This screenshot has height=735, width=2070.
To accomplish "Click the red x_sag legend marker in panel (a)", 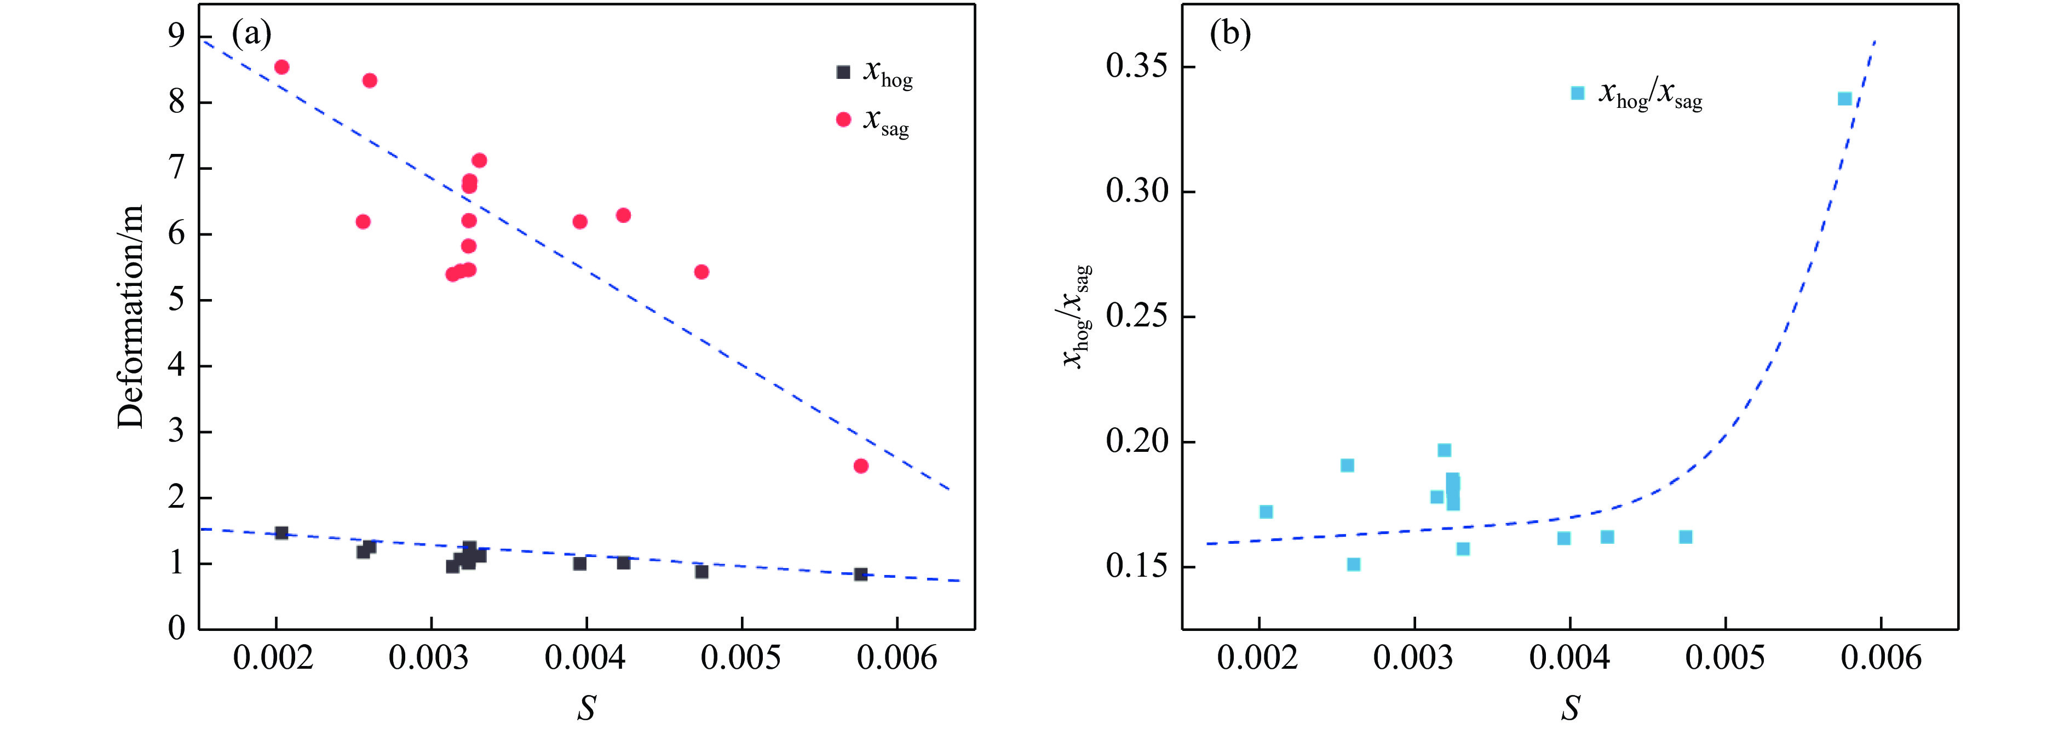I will pyautogui.click(x=843, y=120).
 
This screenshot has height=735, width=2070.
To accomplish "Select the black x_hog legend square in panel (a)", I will pyautogui.click(x=843, y=72).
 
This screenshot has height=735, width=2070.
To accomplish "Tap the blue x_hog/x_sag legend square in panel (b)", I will pyautogui.click(x=1577, y=93).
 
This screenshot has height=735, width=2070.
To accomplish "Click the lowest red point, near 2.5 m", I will pyautogui.click(x=861, y=466).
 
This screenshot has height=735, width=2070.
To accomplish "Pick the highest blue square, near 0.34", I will pyautogui.click(x=1845, y=99).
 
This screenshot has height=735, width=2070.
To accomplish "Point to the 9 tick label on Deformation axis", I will pyautogui.click(x=176, y=36).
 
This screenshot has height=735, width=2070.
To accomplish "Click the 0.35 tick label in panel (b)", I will pyautogui.click(x=1137, y=66).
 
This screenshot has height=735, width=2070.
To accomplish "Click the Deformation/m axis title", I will pyautogui.click(x=130, y=317).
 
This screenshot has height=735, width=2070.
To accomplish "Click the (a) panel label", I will pyautogui.click(x=251, y=34).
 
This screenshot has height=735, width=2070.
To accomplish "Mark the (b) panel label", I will pyautogui.click(x=1231, y=34).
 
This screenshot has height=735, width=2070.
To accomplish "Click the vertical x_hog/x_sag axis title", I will pyautogui.click(x=1077, y=317).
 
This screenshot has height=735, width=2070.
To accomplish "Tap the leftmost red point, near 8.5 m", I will pyautogui.click(x=281, y=67).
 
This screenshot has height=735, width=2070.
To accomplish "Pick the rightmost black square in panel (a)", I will pyautogui.click(x=861, y=575).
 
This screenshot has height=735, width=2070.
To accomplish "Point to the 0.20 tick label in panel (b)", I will pyautogui.click(x=1137, y=441).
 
